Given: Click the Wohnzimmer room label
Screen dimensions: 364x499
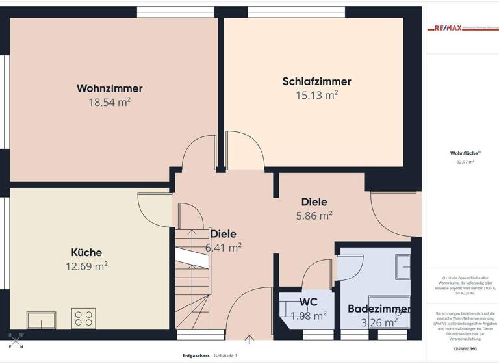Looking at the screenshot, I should pos(109,88).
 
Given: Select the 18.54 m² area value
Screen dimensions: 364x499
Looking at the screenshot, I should pos(109,103).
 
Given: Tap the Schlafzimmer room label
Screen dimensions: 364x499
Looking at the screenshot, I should pos(316,81).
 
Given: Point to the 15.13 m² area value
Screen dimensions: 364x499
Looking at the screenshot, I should pos(316,96).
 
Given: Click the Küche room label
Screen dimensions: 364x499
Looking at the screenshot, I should pos(86,252).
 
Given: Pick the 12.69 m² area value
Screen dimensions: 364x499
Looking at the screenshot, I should pos(86,266).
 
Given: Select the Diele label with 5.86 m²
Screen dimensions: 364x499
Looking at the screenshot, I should pos(314,202).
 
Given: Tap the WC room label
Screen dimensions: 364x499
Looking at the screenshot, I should pos(308,302).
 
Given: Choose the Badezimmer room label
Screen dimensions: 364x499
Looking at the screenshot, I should pos(378,309).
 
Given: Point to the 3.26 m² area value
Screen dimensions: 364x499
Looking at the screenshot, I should pos(378,322).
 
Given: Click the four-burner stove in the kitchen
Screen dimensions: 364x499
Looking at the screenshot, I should pos(84,318).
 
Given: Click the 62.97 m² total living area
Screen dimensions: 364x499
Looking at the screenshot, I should pos(465,162).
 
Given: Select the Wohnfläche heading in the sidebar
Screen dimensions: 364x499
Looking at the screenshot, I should pos(464,153).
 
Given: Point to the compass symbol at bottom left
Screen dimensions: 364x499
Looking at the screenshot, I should pos(16,337).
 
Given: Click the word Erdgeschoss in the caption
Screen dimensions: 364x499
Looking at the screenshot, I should pos(196,356).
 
